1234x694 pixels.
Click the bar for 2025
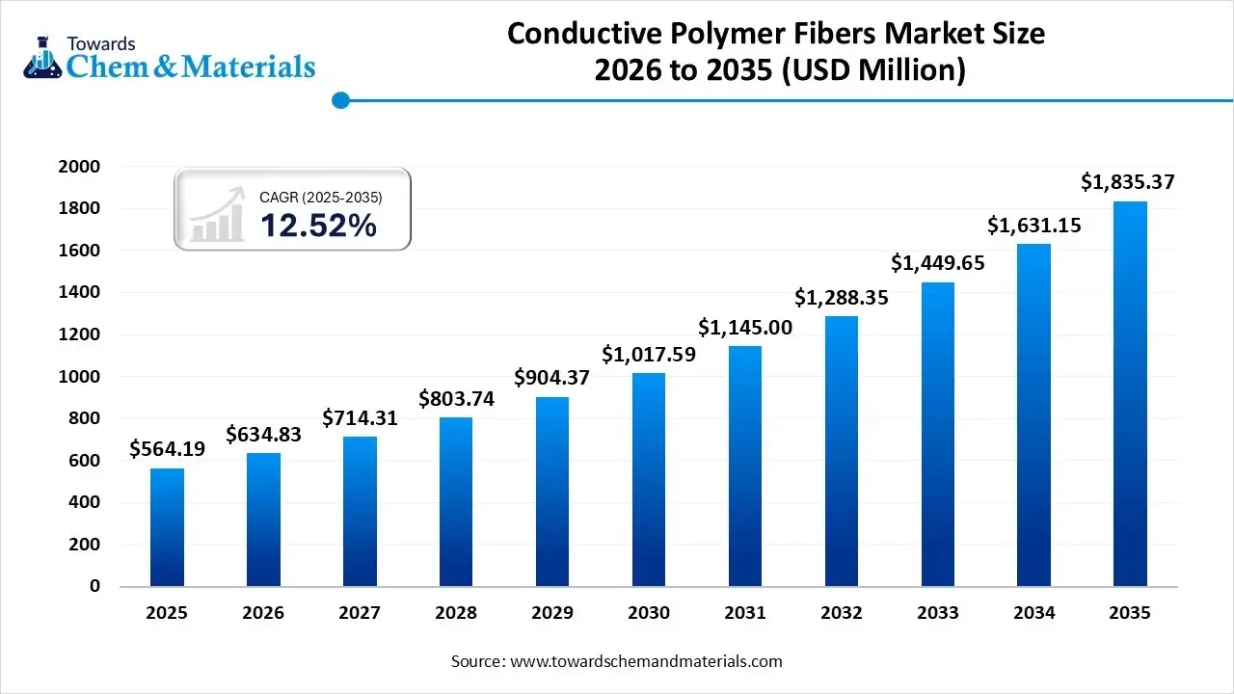(167, 527)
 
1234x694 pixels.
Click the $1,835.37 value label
(1127, 181)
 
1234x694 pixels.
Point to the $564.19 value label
(167, 448)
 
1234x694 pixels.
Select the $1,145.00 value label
(745, 327)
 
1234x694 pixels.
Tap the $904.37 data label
(551, 377)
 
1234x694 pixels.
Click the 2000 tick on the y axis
(81, 167)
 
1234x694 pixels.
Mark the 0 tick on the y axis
(94, 586)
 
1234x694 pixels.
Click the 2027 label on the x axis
(360, 612)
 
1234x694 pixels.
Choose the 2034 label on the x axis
(1033, 612)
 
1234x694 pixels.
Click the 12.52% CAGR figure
(318, 226)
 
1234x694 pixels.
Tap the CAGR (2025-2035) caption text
(321, 197)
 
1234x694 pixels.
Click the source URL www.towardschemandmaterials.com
(645, 661)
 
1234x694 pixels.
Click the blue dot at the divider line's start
(339, 99)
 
